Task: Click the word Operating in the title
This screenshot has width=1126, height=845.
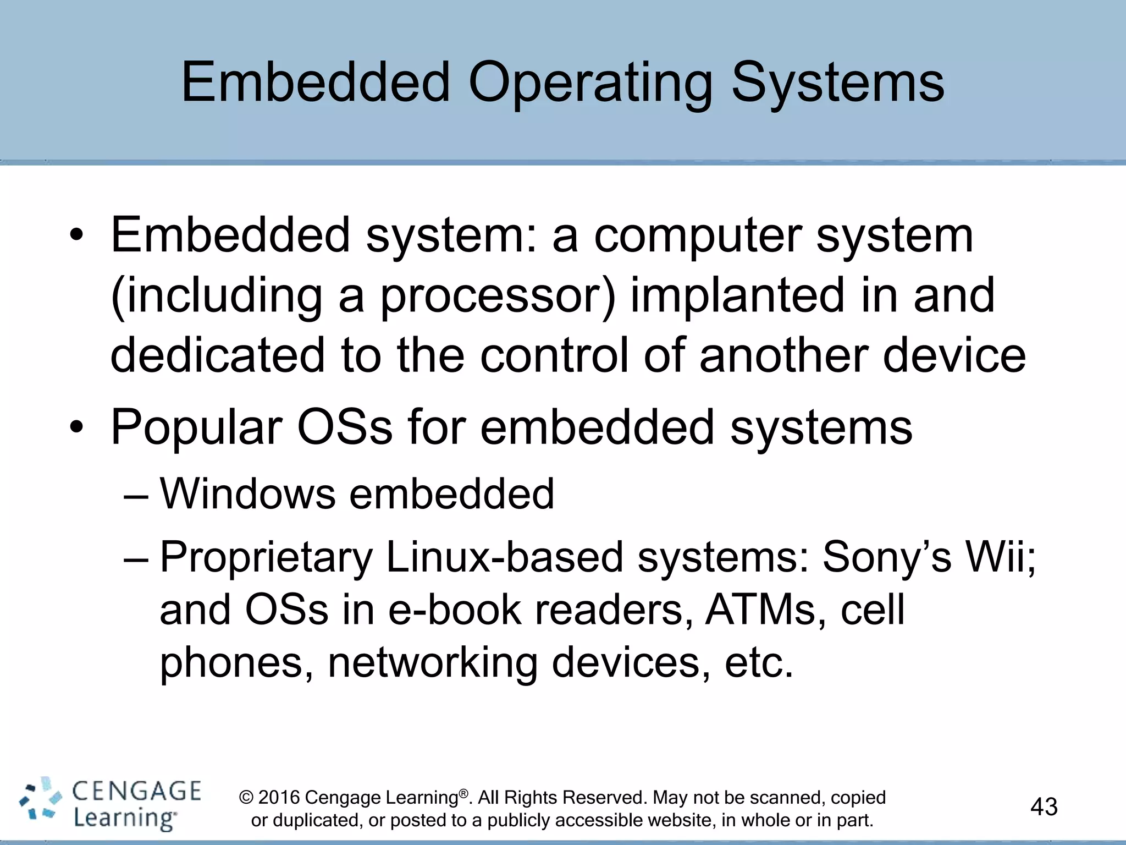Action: coord(590,84)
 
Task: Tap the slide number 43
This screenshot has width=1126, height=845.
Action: coord(1044,806)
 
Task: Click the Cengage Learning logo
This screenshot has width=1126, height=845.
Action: coord(110,804)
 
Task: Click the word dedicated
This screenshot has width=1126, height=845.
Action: coord(218,355)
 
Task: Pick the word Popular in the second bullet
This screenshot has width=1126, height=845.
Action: coord(197,428)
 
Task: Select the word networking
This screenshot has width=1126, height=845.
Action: coord(432,662)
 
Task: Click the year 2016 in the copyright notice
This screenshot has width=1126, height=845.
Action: coord(279,797)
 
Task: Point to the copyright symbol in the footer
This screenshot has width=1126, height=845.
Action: coord(246,798)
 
